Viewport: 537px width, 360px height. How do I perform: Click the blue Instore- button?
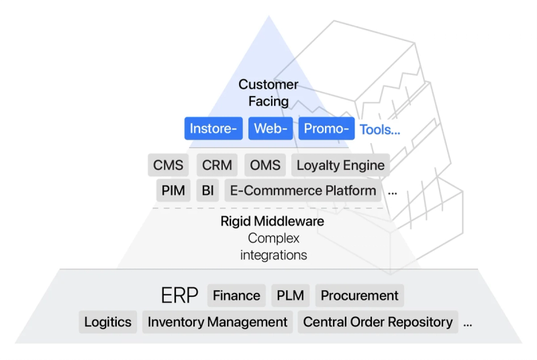tap(213, 129)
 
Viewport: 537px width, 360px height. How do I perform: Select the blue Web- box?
tap(271, 129)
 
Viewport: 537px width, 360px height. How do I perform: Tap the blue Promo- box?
tap(326, 129)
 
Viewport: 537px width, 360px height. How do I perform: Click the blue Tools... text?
tap(380, 129)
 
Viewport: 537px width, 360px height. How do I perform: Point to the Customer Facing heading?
tap(268, 93)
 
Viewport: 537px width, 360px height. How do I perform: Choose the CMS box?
tap(168, 165)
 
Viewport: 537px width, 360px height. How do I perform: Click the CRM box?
tap(217, 165)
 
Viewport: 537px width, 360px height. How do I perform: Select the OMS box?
tap(265, 165)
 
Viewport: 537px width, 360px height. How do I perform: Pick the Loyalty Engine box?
tap(340, 165)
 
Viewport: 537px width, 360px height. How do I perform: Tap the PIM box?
tap(173, 190)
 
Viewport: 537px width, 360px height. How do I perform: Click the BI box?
tap(207, 190)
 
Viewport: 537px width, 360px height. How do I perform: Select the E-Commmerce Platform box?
tap(303, 190)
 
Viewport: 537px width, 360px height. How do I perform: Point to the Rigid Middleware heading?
tap(273, 221)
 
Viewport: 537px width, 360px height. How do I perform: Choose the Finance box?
tap(236, 296)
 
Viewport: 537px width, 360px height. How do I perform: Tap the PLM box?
tap(290, 296)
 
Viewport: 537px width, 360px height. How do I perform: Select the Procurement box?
tap(359, 296)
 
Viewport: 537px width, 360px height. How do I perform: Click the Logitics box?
tap(107, 322)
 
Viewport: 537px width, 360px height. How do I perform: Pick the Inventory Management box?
tap(217, 322)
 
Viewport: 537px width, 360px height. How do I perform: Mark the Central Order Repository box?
tap(378, 322)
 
